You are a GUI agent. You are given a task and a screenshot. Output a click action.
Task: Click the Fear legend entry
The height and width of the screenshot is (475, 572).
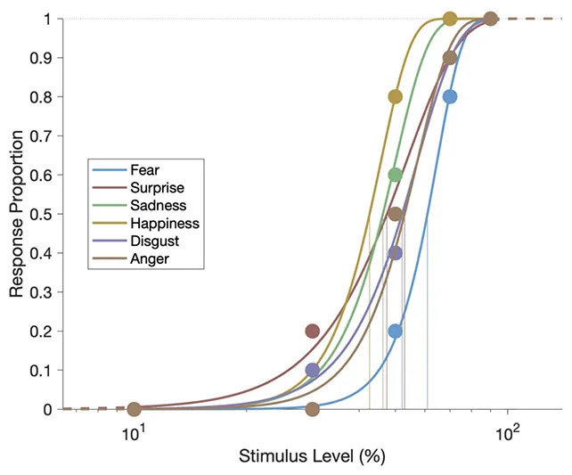tap(143, 170)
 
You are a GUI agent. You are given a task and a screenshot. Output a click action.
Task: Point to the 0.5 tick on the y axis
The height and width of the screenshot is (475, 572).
tap(48, 214)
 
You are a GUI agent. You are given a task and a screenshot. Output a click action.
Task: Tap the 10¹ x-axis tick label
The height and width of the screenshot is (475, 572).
tap(134, 435)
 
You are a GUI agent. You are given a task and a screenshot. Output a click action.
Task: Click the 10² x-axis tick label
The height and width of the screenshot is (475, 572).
tap(507, 435)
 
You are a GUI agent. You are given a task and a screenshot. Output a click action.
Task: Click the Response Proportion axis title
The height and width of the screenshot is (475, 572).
tap(16, 214)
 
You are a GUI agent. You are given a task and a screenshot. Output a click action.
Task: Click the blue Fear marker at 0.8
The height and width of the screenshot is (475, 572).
tap(450, 96)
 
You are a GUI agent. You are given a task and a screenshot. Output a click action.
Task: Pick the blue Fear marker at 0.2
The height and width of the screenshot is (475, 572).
tap(396, 331)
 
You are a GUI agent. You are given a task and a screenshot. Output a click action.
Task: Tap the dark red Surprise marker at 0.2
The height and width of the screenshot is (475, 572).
tap(312, 331)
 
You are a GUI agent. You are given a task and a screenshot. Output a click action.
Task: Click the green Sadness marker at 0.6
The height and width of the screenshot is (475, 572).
tap(396, 175)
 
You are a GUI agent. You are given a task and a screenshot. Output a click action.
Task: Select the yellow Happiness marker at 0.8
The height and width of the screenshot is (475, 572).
tap(396, 96)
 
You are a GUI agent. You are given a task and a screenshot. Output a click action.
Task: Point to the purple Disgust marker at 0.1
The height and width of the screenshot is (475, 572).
tap(312, 370)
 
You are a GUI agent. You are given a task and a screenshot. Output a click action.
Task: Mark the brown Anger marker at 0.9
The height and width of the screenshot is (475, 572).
tap(450, 58)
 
